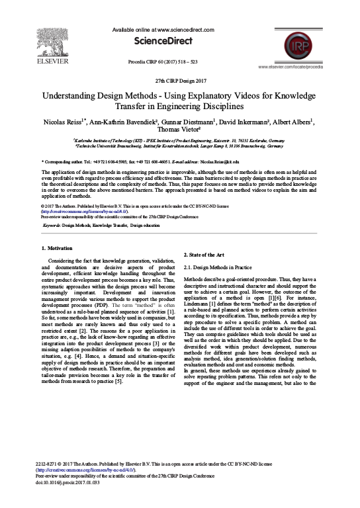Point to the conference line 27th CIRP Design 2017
(x=180, y=80)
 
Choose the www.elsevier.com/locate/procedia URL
(x=303, y=67)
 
